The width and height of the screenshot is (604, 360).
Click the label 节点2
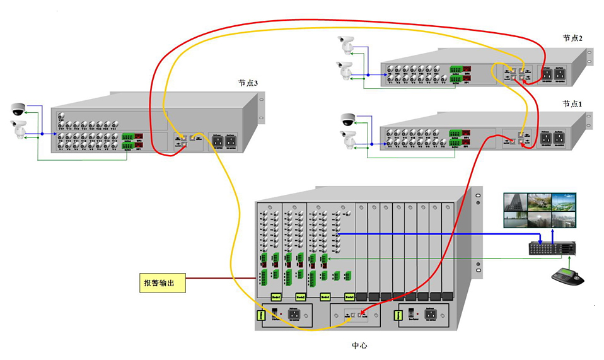point(572,38)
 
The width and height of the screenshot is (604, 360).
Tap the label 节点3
point(248,83)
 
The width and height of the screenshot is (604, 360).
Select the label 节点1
point(572,103)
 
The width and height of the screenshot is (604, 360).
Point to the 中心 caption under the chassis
point(359,345)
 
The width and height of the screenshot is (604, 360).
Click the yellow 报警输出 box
point(163,282)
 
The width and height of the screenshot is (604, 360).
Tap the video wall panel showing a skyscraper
point(515,202)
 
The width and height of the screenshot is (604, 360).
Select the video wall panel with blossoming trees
point(539,202)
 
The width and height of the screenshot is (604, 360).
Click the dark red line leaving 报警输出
point(221,278)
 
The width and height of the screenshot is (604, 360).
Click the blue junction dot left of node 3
point(42,134)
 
